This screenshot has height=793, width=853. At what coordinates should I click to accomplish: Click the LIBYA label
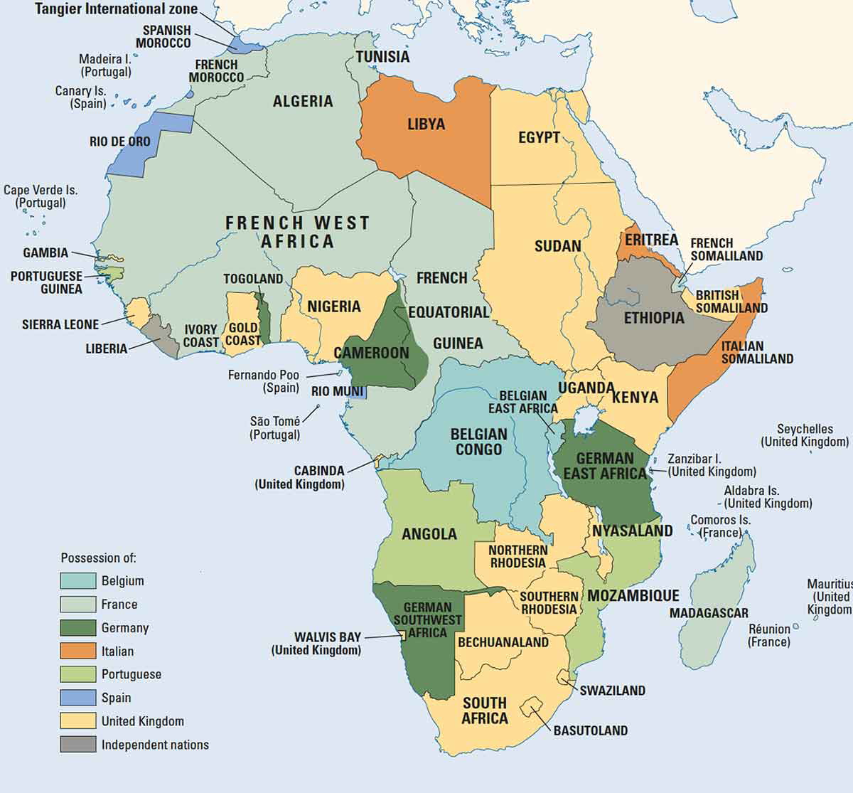tap(426, 124)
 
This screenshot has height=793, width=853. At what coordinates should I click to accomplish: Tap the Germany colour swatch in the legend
tap(77, 628)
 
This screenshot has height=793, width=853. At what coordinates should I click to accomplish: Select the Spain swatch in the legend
tap(77, 698)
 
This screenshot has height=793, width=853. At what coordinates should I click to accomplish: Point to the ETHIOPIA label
tap(653, 318)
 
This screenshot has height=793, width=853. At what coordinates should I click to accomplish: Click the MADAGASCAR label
tap(708, 613)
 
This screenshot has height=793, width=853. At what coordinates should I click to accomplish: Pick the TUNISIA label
tap(382, 57)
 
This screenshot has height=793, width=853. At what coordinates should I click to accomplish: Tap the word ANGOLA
tap(429, 534)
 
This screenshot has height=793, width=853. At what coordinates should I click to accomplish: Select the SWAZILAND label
tap(612, 691)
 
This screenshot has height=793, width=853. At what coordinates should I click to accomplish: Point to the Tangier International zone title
tap(117, 9)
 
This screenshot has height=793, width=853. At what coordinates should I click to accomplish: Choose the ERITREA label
tap(651, 240)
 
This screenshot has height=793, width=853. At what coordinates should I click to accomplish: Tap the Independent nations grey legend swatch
tap(77, 745)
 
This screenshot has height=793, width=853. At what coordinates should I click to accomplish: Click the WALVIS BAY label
tap(328, 637)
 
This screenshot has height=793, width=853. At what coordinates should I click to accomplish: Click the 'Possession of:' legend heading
tap(98, 558)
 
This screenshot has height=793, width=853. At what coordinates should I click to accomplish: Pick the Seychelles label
tap(805, 429)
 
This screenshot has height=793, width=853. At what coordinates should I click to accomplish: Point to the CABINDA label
tap(319, 471)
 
